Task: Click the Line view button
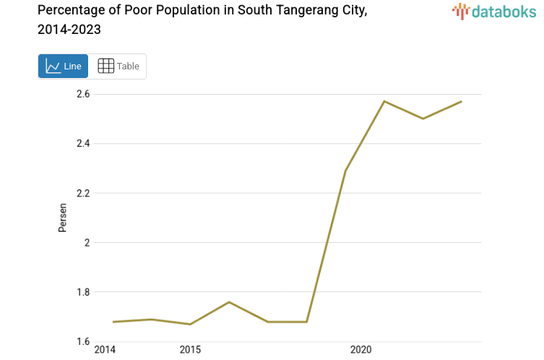pyautogui.click(x=63, y=67)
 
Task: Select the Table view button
pyautogui.click(x=118, y=67)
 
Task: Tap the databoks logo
pyautogui.click(x=493, y=11)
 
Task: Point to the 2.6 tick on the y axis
pyautogui.click(x=83, y=94)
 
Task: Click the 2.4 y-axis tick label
pyautogui.click(x=83, y=143)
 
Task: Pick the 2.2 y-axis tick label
pyautogui.click(x=83, y=193)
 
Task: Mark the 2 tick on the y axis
pyautogui.click(x=87, y=243)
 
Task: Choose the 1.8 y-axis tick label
pyautogui.click(x=83, y=292)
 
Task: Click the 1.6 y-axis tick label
pyautogui.click(x=83, y=341)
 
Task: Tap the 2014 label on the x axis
pyautogui.click(x=105, y=351)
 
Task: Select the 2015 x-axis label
pyautogui.click(x=190, y=351)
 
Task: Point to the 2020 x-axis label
pyautogui.click(x=360, y=351)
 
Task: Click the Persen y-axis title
pyautogui.click(x=63, y=218)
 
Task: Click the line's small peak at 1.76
pyautogui.click(x=229, y=301)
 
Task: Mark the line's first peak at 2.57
pyautogui.click(x=384, y=101)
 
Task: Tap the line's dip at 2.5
pyautogui.click(x=423, y=119)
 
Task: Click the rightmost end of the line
pyautogui.click(x=461, y=101)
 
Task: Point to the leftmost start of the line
pyautogui.click(x=113, y=322)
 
